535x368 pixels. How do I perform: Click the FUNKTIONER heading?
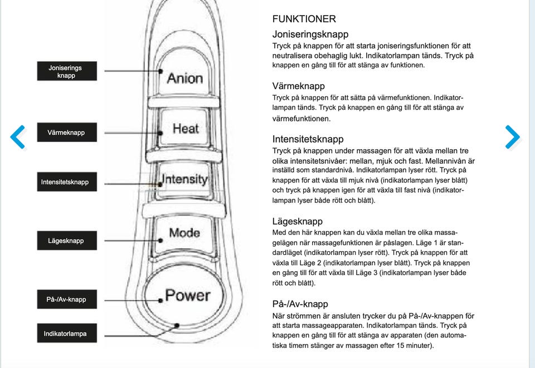coord(304,19)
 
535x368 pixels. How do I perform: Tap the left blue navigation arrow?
coord(18,137)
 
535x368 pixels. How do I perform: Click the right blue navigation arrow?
coord(513,137)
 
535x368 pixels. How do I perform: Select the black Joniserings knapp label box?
coord(67,71)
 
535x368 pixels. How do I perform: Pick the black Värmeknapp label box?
coord(67,132)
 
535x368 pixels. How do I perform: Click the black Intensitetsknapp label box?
coord(67,182)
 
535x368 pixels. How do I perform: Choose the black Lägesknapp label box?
coord(67,241)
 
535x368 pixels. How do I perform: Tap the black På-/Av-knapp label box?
coord(67,299)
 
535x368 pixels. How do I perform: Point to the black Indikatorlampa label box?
coord(67,333)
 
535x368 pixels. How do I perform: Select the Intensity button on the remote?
coord(184,180)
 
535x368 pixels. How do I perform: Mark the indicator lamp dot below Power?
coord(177,325)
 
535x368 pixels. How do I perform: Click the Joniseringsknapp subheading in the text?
coord(310,35)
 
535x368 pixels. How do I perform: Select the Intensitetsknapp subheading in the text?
coord(308,139)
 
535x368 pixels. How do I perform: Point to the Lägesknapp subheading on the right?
coord(297,222)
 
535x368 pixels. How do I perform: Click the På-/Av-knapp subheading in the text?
coord(300,304)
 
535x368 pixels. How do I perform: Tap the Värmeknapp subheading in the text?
coord(298,86)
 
